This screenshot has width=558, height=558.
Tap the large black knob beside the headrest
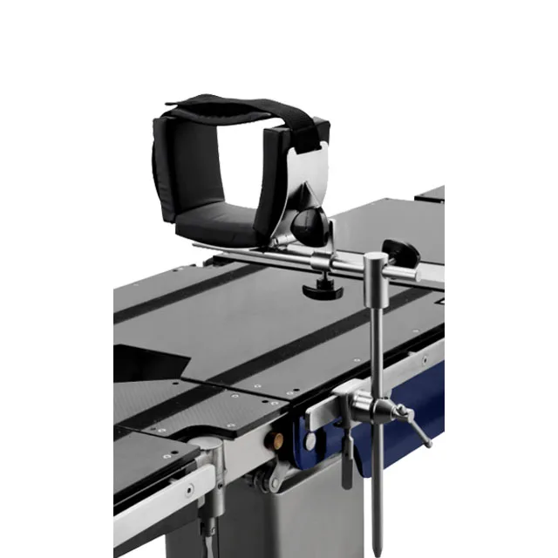click(312, 228)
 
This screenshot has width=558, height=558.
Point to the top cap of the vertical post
click(375, 256)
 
